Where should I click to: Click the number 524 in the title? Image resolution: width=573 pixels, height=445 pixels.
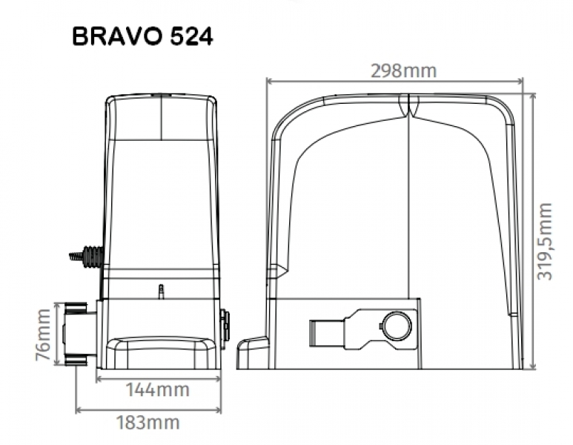click(191, 37)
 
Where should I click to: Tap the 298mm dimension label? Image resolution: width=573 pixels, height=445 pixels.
click(403, 70)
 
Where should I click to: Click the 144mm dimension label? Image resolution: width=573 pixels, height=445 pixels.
click(158, 389)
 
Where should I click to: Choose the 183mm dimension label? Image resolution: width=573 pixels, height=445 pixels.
click(148, 423)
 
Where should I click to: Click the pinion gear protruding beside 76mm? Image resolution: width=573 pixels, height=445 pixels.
click(76, 333)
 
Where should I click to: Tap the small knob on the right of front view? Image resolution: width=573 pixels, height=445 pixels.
click(225, 324)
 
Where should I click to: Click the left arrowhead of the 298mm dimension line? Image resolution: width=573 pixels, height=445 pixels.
click(268, 81)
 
